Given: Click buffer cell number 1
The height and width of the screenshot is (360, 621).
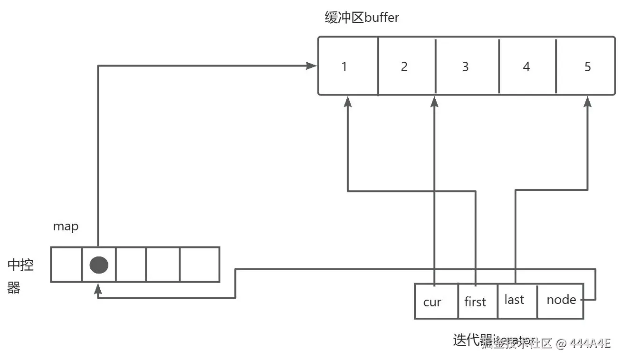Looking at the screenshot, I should [344, 66].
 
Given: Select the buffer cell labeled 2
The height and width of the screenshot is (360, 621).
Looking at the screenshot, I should [404, 66].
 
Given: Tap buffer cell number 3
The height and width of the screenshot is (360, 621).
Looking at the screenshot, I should [465, 66].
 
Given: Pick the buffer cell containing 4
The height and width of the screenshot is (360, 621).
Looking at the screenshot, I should [526, 66].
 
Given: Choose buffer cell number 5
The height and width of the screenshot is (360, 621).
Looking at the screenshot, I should [587, 66].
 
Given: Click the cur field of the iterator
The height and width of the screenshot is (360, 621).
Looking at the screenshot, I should [432, 302].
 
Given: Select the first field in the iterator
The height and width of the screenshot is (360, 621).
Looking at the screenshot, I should [476, 302].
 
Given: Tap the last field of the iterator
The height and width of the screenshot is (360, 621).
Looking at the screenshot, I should [515, 300].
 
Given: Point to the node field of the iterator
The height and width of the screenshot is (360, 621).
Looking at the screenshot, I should [561, 300].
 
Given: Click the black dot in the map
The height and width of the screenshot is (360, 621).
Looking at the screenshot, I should [99, 265].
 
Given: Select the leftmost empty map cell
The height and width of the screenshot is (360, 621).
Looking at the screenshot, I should [67, 265].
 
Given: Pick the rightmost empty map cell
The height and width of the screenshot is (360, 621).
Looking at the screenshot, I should [200, 265].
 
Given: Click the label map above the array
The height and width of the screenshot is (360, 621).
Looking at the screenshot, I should [66, 227].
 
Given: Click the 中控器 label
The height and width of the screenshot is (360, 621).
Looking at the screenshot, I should [20, 276].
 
